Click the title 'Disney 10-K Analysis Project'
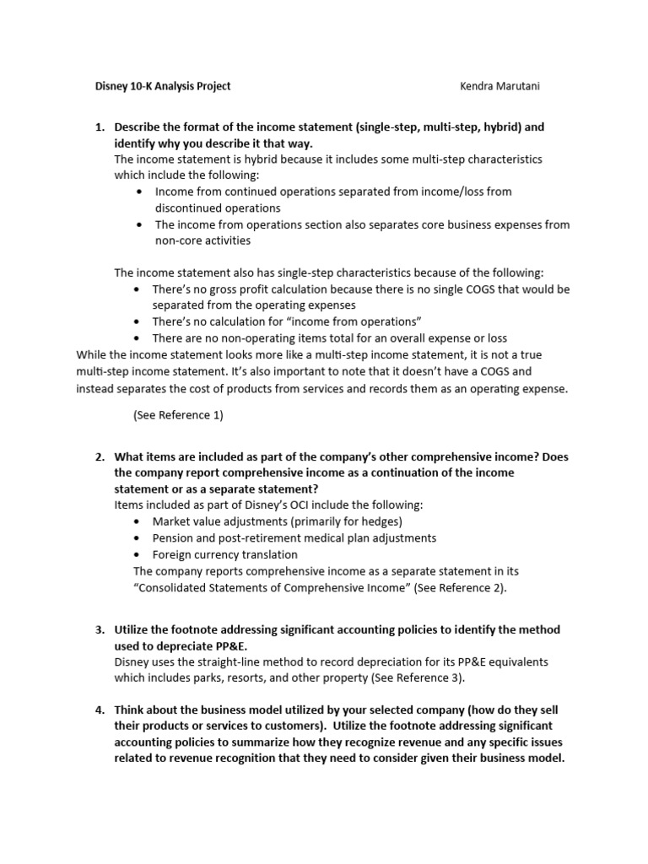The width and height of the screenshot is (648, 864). pos(161,86)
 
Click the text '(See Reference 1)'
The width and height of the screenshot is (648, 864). pos(178,415)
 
